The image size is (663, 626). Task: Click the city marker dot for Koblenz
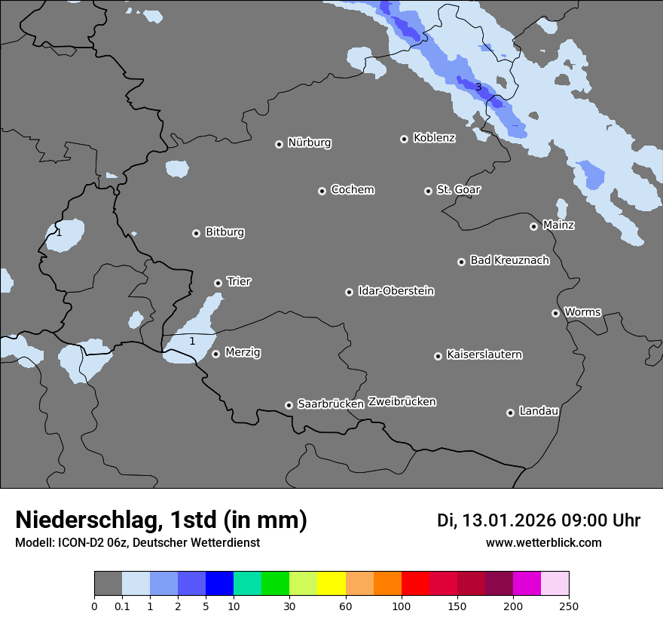click(x=404, y=139)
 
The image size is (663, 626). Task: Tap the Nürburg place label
click(x=309, y=143)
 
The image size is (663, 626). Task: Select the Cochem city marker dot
click(x=322, y=191)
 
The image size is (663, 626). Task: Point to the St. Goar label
click(x=458, y=189)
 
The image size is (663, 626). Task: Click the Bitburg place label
click(x=225, y=232)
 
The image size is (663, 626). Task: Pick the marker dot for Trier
click(x=218, y=283)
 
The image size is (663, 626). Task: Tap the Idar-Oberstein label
click(x=396, y=291)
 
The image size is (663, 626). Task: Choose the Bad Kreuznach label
click(x=509, y=260)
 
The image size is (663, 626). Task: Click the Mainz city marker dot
click(x=533, y=226)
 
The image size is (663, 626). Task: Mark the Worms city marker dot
click(x=555, y=313)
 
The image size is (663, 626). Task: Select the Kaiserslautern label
click(x=484, y=354)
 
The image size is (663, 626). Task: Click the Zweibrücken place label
click(x=402, y=402)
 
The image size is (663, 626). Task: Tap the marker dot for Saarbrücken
click(x=289, y=405)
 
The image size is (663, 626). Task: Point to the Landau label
click(x=539, y=411)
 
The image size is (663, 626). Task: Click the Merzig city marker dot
click(x=215, y=354)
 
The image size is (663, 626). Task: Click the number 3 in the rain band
click(x=478, y=87)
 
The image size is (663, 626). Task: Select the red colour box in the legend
click(x=415, y=584)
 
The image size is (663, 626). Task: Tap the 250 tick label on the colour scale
click(x=569, y=606)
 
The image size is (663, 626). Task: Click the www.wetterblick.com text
click(x=543, y=543)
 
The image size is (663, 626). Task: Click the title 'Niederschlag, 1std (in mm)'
click(x=161, y=520)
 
